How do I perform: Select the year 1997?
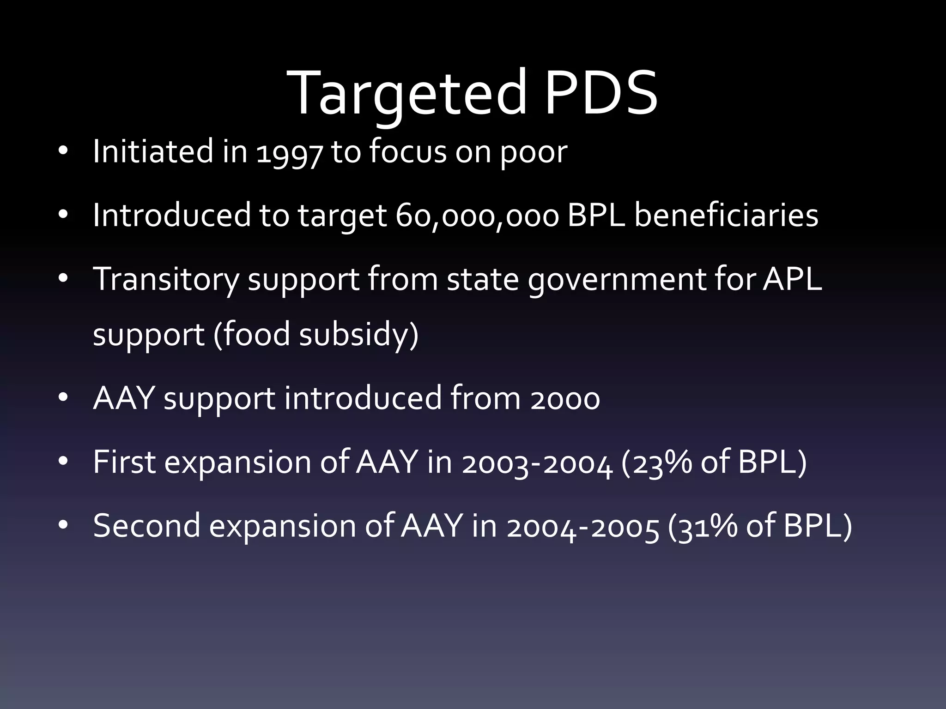click(289, 152)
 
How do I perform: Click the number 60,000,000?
click(477, 216)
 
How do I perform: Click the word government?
click(617, 280)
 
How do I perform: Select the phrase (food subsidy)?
click(316, 334)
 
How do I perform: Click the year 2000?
click(565, 399)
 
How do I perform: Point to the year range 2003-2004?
click(537, 463)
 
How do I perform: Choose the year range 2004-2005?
click(582, 527)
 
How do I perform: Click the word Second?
click(147, 526)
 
